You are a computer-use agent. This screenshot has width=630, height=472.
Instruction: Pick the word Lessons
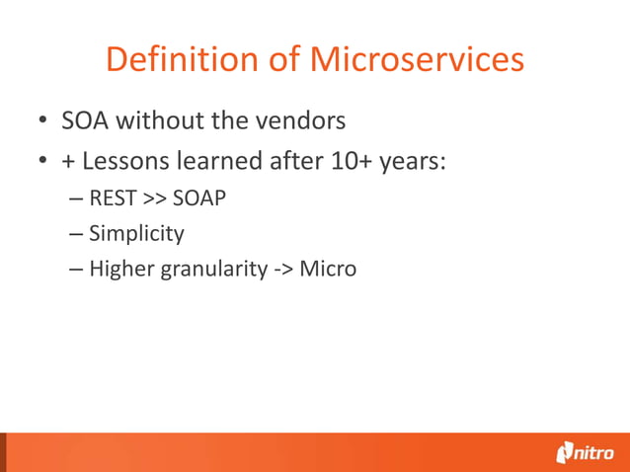point(123,160)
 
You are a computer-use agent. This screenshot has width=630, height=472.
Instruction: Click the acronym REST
point(114,198)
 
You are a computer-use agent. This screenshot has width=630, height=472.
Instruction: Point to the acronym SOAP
point(199,198)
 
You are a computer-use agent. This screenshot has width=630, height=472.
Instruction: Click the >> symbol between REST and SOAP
point(155,199)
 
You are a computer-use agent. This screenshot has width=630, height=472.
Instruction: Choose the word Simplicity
point(136,234)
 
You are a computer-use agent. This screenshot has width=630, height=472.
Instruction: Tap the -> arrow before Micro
point(282,270)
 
